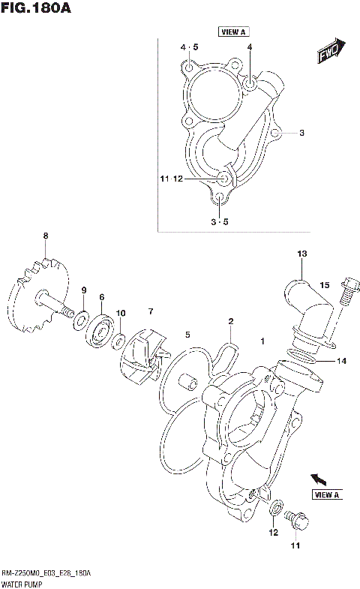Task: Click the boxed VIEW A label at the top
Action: point(233,32)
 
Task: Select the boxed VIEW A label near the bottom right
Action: point(327,494)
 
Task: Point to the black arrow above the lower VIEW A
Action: point(319,478)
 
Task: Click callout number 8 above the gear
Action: point(45,236)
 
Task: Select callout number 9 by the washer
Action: point(84,290)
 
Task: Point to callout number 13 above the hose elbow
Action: point(301,254)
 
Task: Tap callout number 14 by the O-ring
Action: point(340,361)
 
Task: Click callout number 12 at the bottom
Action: point(274,532)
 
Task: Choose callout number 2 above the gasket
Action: point(231,322)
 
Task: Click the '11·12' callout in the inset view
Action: point(171,179)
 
